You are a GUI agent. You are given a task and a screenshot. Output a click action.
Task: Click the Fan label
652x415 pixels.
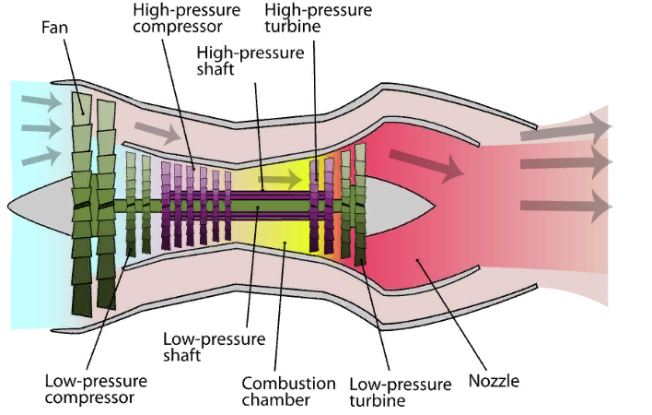coord(54,28)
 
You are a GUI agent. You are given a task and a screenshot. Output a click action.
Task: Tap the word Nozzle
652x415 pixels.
coord(494,381)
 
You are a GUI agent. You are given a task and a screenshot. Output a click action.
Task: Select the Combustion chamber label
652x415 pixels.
coord(288,392)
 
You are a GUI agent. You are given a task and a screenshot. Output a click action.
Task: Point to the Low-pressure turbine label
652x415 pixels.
coord(400,392)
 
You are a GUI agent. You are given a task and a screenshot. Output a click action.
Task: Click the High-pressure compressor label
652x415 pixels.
coord(187,18)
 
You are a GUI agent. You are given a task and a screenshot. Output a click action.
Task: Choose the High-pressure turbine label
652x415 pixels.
coord(318,18)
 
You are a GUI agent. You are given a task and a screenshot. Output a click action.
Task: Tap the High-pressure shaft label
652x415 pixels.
coord(250,61)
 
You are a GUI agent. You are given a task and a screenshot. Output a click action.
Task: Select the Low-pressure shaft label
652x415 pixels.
coord(215,347)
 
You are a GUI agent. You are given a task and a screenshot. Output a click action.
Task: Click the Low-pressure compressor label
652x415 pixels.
coord(96,389)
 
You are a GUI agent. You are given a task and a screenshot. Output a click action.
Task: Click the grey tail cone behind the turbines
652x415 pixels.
coord(399,206)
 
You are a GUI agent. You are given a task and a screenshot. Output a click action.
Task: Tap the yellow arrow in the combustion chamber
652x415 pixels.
coord(280,180)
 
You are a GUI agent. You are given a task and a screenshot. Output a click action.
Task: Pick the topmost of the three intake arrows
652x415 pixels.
coord(41,101)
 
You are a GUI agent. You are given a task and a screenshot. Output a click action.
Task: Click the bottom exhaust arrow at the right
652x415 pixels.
coord(566,206)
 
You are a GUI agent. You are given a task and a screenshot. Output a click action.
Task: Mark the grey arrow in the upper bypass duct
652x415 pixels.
coord(158,132)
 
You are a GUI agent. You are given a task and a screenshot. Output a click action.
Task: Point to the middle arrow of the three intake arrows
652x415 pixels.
coord(41,128)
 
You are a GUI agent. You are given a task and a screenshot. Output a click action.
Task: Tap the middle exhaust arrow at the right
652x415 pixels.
coord(566,162)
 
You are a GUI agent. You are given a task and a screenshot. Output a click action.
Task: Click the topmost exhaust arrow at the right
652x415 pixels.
coord(566,128)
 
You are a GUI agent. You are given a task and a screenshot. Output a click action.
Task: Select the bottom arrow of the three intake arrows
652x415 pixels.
coord(41,156)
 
